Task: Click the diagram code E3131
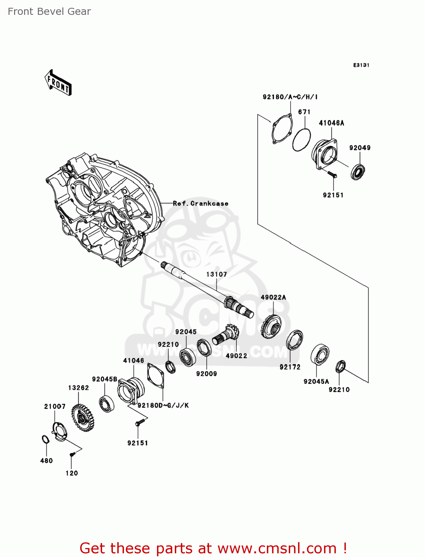tap(361, 65)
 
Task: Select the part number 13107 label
tap(216, 274)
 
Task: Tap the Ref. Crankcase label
tap(200, 203)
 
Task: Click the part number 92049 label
tap(360, 148)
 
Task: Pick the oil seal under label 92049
tap(358, 172)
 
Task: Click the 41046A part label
tap(331, 123)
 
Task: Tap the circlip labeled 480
tap(45, 440)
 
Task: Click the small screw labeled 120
tap(72, 454)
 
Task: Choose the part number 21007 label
tap(55, 407)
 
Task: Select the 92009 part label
tap(206, 374)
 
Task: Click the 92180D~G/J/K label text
tap(163, 405)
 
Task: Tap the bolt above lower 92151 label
tap(140, 422)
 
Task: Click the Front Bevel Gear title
tap(49, 12)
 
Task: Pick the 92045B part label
tap(105, 379)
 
